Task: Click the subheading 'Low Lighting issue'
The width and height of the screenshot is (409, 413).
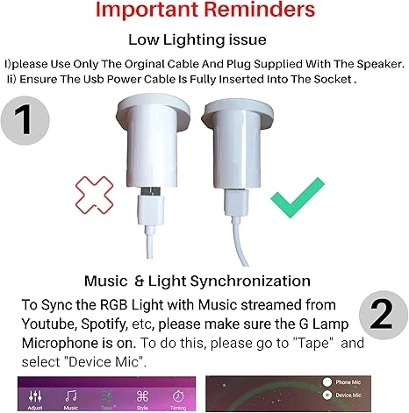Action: click(x=204, y=40)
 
